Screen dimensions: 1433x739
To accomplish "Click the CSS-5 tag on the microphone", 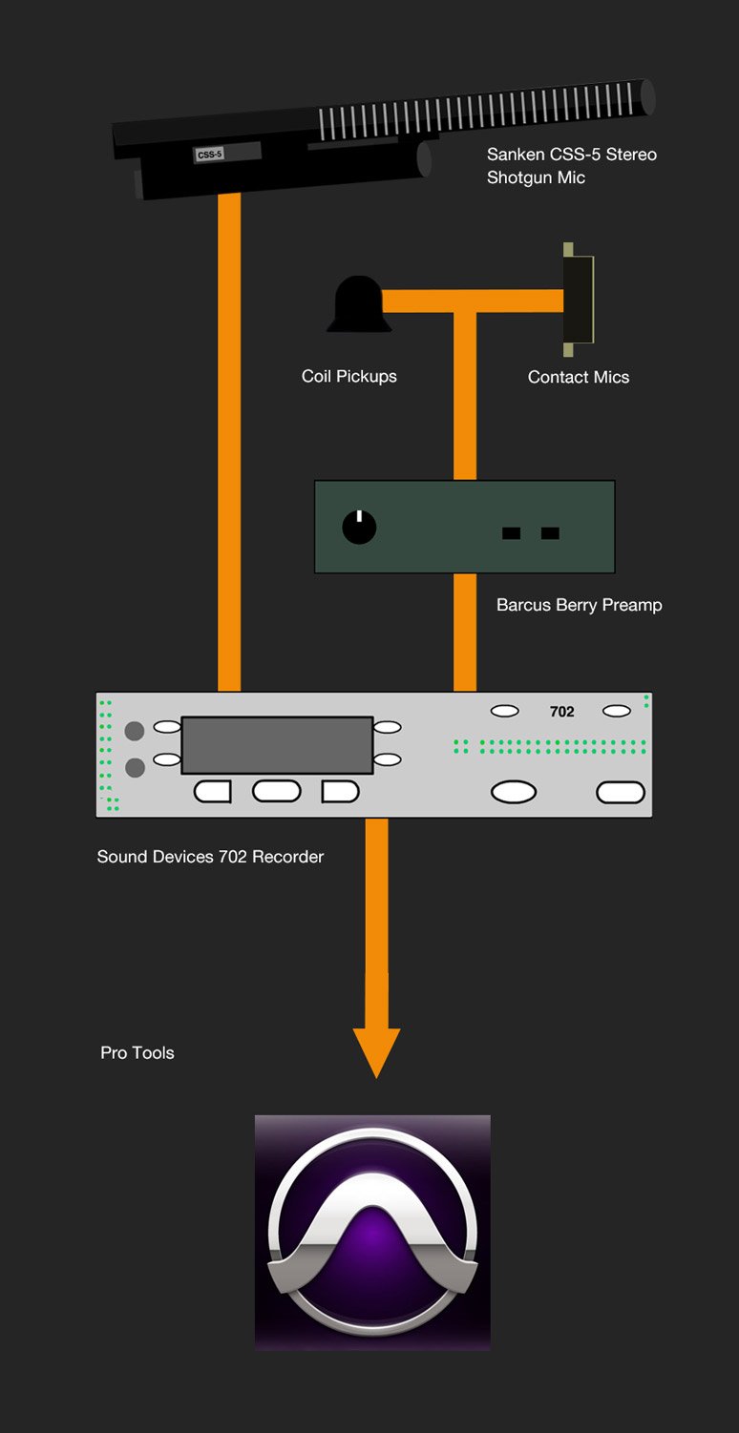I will [210, 154].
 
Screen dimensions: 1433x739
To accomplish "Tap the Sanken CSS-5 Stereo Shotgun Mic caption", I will [571, 166].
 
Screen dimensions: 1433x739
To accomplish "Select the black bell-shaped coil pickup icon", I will [358, 304].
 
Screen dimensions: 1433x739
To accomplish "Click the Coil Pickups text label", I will [348, 376].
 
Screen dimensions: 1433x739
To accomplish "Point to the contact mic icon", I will [578, 299].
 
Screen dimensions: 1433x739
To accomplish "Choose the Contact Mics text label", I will [578, 377].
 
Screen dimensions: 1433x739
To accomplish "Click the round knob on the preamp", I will [359, 527].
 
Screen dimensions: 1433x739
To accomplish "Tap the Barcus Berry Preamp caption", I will [579, 605].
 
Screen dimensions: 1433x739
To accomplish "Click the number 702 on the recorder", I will [562, 712].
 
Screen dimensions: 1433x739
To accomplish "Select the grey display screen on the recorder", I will [277, 745].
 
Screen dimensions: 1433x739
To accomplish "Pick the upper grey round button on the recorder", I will [135, 731].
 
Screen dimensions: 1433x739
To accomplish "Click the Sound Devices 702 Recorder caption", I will [210, 857].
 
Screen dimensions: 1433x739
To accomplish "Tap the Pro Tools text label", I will [137, 1053].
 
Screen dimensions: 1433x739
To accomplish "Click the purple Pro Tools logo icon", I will [372, 1232].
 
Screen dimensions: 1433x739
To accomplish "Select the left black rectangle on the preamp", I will [512, 533].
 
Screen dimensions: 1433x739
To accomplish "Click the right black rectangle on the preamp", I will [550, 533].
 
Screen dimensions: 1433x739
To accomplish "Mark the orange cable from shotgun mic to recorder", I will [229, 439].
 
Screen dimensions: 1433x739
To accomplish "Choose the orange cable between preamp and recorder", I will [465, 632].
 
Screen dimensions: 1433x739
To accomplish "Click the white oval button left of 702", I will [504, 711].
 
